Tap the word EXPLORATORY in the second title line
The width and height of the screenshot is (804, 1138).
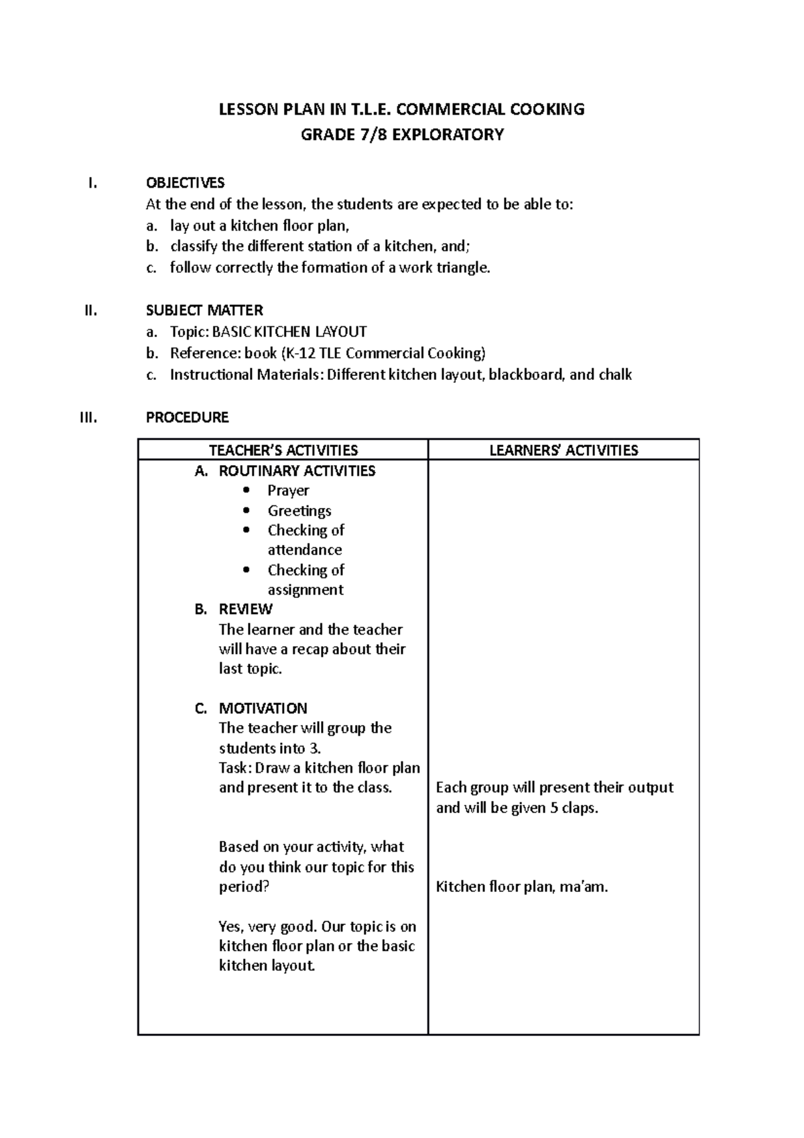point(448,135)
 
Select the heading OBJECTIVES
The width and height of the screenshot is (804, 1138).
point(185,183)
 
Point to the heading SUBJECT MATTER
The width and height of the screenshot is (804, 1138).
point(204,310)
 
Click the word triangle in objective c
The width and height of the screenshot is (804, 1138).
point(463,268)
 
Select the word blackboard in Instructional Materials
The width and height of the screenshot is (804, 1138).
point(527,375)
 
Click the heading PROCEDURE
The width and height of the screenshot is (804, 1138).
point(187,418)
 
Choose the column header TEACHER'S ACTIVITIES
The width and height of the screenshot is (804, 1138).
point(283,450)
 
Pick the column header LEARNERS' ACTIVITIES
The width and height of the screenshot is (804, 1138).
point(563,450)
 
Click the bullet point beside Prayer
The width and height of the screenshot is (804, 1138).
point(247,491)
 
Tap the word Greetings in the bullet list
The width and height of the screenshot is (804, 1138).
point(299,511)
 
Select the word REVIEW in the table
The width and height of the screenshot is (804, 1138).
point(245,609)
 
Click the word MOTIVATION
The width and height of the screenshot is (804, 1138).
point(263,708)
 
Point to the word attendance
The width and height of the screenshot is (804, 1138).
point(305,550)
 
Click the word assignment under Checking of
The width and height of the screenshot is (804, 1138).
point(306,590)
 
